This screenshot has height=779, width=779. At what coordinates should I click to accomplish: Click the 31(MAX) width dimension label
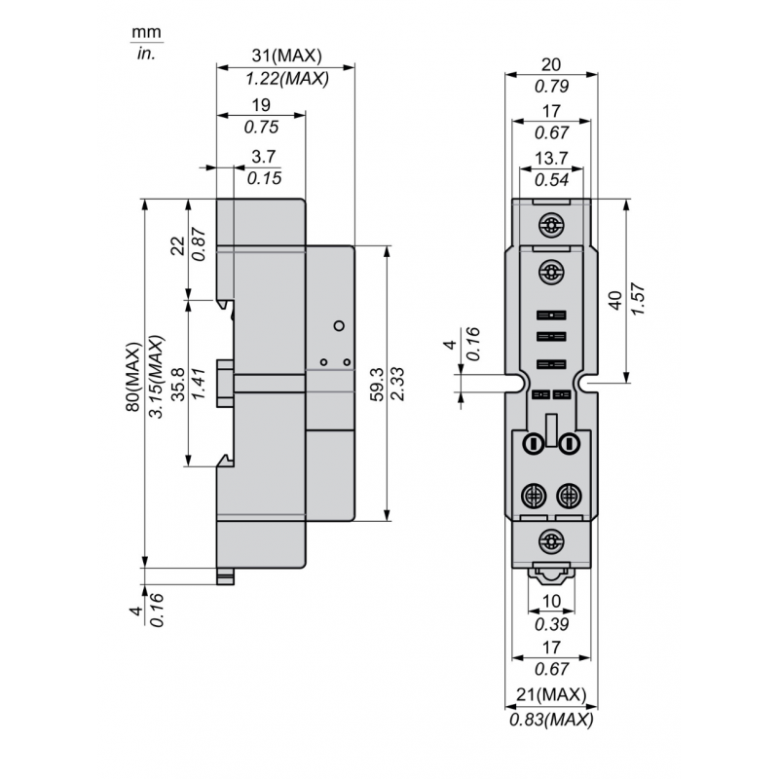coord(285,56)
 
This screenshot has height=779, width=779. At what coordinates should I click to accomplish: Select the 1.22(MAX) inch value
coord(285,79)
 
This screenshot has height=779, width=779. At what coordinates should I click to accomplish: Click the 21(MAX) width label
coord(551,694)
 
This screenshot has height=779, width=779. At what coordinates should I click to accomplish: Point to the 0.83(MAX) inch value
coord(551,719)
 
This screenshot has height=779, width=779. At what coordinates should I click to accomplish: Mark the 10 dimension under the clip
coord(551,601)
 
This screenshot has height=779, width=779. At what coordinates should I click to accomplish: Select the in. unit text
coord(146,54)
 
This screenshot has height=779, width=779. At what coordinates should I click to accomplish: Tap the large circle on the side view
coord(339,325)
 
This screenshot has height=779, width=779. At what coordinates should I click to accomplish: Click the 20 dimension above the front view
coord(551,63)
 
